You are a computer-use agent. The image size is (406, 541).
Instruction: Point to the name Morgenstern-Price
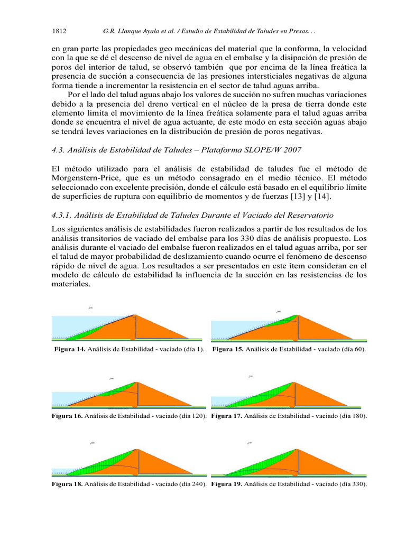[x=84, y=178]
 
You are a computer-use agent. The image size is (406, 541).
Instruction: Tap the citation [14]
[x=325, y=197]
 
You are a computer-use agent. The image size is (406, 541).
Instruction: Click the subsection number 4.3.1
[x=62, y=216]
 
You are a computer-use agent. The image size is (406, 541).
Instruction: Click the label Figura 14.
[x=70, y=350]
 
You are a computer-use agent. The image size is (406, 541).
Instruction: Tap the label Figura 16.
[x=67, y=416]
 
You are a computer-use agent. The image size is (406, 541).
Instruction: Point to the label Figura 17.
[x=226, y=416]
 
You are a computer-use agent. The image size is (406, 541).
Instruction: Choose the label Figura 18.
[x=67, y=484]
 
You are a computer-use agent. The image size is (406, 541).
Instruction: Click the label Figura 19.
[x=226, y=484]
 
